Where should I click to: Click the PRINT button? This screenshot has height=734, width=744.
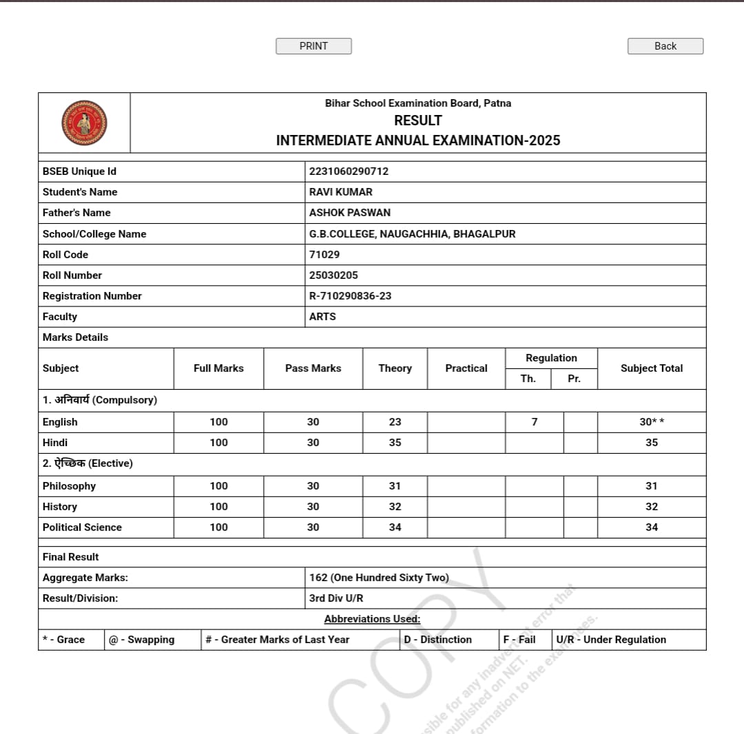click(313, 46)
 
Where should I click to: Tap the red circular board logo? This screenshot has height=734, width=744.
click(84, 123)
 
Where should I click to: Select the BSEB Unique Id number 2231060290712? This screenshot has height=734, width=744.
click(349, 171)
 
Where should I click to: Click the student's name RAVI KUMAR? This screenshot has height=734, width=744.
click(340, 192)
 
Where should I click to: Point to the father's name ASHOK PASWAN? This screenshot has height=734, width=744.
click(349, 213)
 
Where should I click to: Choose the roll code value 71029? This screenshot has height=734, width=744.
click(324, 255)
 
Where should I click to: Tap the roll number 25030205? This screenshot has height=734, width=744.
click(333, 275)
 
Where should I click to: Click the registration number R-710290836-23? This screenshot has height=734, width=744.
click(350, 296)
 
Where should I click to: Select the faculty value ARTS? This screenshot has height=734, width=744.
click(322, 317)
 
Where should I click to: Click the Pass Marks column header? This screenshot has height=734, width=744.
click(313, 368)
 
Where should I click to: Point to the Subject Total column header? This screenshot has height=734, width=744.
click(651, 368)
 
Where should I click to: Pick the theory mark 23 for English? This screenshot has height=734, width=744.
click(395, 422)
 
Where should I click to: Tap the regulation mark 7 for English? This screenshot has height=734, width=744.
click(535, 422)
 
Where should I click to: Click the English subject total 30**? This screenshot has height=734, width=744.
click(651, 422)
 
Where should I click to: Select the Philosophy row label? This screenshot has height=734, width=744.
click(69, 486)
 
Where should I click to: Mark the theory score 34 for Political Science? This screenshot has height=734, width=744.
click(395, 527)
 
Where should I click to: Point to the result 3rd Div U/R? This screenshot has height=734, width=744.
click(335, 598)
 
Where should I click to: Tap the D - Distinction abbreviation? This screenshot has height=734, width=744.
click(437, 640)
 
